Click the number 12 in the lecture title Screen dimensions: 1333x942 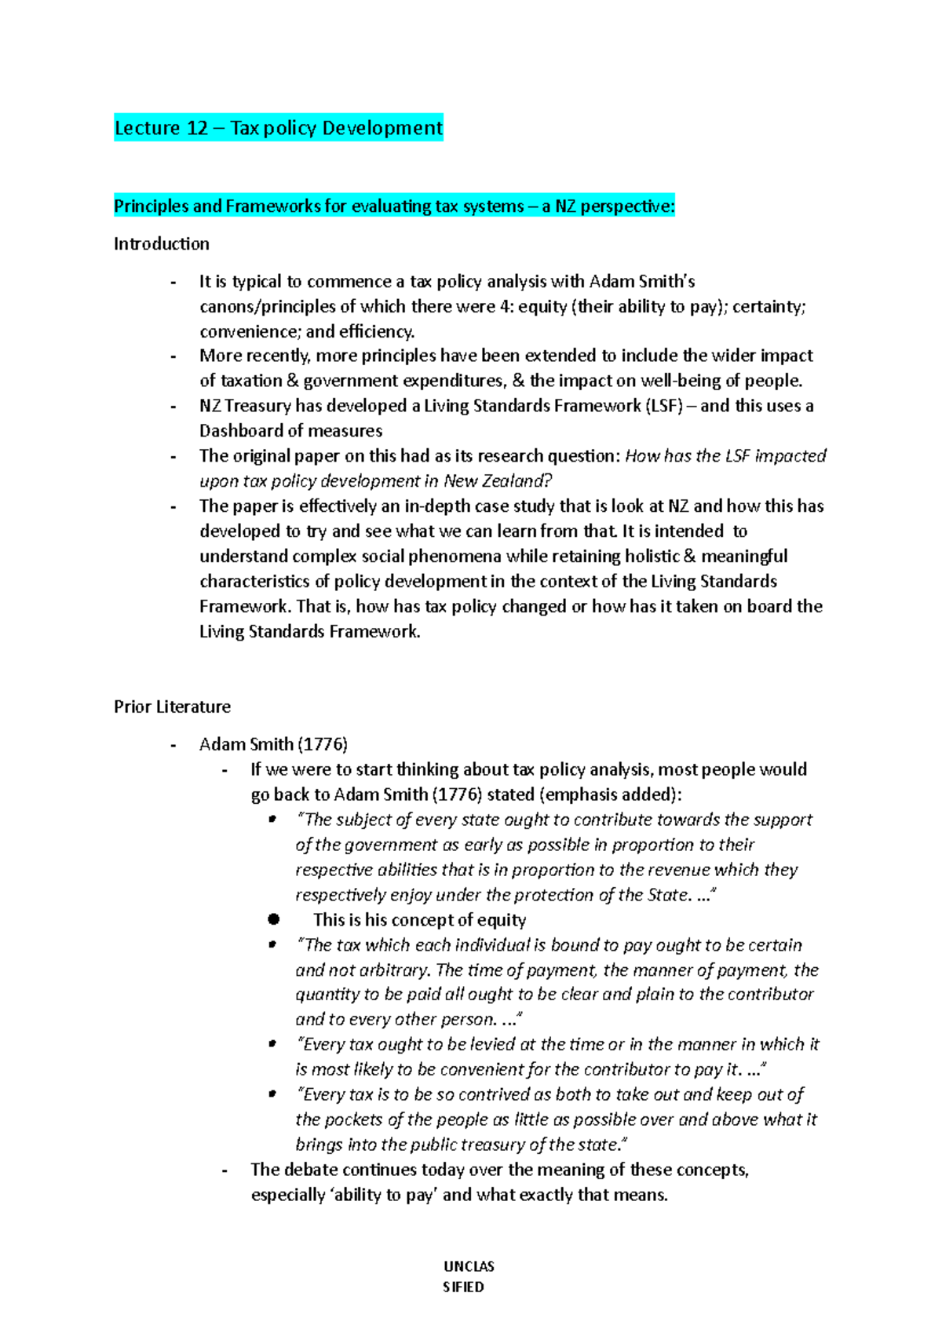(197, 128)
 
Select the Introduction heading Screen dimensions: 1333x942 (162, 244)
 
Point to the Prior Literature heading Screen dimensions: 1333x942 (172, 707)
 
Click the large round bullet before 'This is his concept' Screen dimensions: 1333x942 (273, 919)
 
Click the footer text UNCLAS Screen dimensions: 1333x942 (469, 1266)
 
